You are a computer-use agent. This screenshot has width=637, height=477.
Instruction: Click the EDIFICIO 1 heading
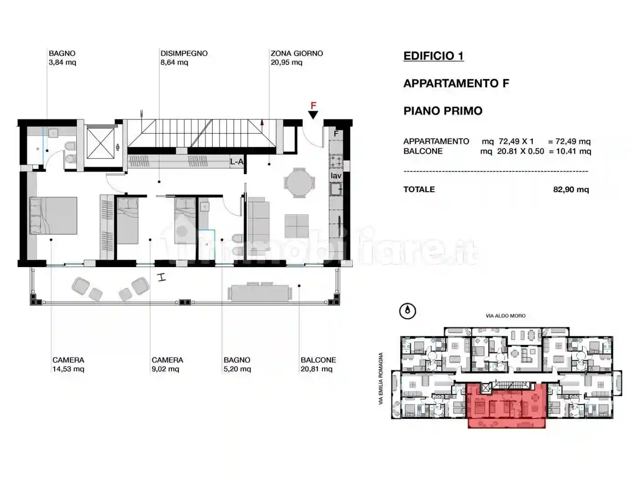pyautogui.click(x=433, y=56)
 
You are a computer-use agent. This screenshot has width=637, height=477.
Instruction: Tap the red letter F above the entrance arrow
pyautogui.click(x=313, y=106)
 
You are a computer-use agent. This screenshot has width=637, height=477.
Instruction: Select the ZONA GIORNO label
pyautogui.click(x=296, y=53)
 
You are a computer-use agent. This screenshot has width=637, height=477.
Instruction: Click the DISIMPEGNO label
pyautogui.click(x=184, y=53)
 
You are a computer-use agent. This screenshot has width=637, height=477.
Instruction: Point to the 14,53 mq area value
pyautogui.click(x=68, y=369)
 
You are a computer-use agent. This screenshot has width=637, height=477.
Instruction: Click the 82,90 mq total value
pyautogui.click(x=571, y=189)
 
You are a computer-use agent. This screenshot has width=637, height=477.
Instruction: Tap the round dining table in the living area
pyautogui.click(x=299, y=183)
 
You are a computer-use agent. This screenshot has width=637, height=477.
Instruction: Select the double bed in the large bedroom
pyautogui.click(x=53, y=215)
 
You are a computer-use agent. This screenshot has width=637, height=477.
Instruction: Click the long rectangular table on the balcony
pyautogui.click(x=260, y=292)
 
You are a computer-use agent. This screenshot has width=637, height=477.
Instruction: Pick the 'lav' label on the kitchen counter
pyautogui.click(x=336, y=176)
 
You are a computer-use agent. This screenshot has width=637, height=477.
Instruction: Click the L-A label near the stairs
pyautogui.click(x=236, y=161)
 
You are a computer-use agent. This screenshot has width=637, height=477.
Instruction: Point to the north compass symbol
pyautogui.click(x=407, y=311)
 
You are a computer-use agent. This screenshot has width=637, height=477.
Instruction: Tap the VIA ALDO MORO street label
pyautogui.click(x=505, y=316)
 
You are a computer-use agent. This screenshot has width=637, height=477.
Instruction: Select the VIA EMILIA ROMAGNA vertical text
pyautogui.click(x=381, y=379)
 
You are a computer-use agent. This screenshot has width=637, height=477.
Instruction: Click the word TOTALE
pyautogui.click(x=419, y=189)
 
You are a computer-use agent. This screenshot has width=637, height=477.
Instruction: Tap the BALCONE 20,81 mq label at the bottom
pyautogui.click(x=318, y=364)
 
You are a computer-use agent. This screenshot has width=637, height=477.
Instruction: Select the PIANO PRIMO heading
pyautogui.click(x=442, y=111)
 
